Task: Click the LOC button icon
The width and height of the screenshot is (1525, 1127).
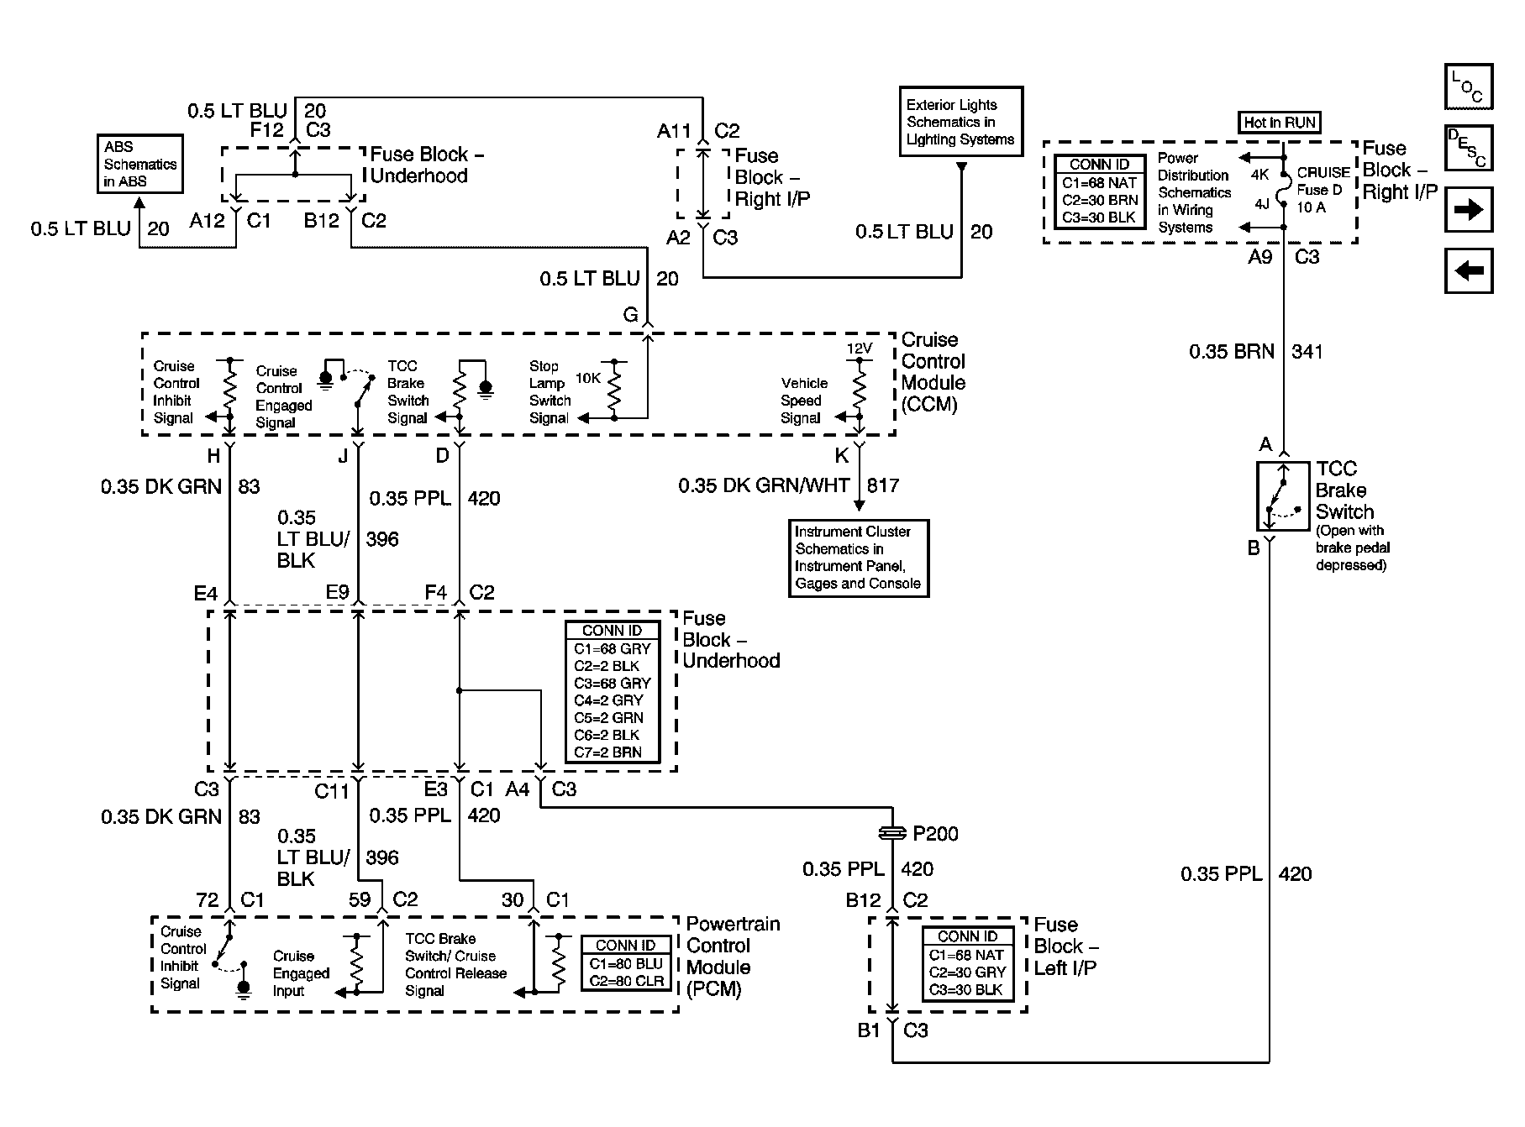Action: pos(1469,86)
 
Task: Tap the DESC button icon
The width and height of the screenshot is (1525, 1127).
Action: pos(1469,147)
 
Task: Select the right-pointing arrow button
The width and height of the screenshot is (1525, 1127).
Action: pos(1469,209)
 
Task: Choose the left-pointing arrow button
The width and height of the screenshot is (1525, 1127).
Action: pos(1469,270)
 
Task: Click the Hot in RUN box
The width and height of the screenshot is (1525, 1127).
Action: pos(1280,123)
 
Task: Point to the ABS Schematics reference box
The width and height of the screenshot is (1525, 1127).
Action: pos(140,165)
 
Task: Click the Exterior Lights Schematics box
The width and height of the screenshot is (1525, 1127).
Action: pos(961,121)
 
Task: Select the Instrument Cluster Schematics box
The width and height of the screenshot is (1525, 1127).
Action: pos(859,558)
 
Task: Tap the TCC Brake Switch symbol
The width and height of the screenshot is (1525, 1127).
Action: pos(1284,495)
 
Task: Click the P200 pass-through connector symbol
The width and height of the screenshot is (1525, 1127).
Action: pos(892,833)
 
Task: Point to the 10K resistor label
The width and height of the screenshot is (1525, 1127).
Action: pos(587,379)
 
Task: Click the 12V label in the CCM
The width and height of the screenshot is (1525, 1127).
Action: pos(859,348)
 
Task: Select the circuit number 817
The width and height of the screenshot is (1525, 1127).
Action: pos(883,485)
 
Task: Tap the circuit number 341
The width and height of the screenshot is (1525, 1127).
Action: pos(1307,352)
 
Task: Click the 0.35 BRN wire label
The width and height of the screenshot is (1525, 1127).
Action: pos(1232,352)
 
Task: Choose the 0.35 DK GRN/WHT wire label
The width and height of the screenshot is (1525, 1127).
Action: pos(765,485)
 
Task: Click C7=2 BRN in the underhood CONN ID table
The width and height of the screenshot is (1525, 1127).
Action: pos(608,752)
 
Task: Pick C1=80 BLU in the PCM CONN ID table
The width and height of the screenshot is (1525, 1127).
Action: pos(626,964)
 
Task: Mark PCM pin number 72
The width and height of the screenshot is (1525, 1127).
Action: pos(207,900)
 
